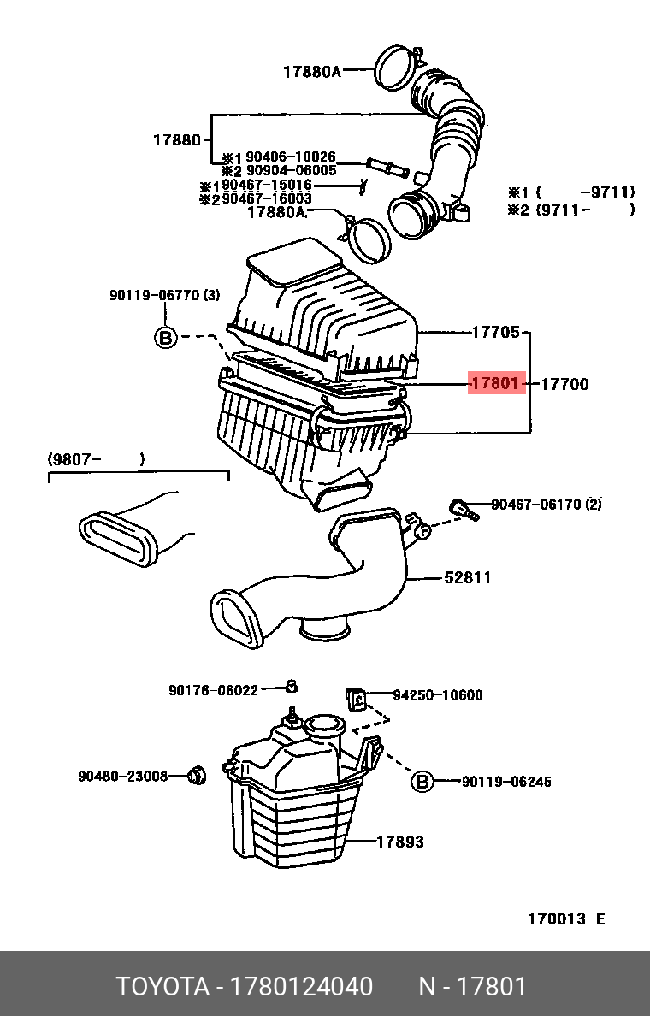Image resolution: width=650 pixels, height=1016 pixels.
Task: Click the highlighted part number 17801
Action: tap(494, 384)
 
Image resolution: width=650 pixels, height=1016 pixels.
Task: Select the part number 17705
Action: tap(495, 332)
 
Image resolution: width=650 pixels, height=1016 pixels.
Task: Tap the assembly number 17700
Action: tap(564, 385)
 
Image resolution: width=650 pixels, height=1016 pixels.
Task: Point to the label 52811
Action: tap(468, 578)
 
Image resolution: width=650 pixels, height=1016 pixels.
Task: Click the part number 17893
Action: tap(400, 842)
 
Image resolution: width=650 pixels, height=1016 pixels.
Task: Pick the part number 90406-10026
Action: tap(291, 158)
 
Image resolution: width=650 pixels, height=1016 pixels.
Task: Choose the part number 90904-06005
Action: tap(291, 170)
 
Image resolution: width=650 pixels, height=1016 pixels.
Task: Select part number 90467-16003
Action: tap(267, 198)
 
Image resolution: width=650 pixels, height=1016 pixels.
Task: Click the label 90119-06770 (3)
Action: tap(164, 295)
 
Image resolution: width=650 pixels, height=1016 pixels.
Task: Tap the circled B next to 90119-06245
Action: tap(422, 781)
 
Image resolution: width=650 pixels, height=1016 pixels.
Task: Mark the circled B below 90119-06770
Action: tap(165, 337)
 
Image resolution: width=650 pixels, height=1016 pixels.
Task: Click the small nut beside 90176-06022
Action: tap(291, 685)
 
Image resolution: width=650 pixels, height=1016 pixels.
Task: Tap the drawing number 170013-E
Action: tap(566, 919)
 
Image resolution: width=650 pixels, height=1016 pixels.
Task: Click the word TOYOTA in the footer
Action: tap(162, 987)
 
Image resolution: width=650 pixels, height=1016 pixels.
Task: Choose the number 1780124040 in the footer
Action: tap(306, 987)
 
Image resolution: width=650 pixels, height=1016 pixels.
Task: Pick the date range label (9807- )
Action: tap(96, 460)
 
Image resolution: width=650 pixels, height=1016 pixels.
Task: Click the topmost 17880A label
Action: tap(312, 72)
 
